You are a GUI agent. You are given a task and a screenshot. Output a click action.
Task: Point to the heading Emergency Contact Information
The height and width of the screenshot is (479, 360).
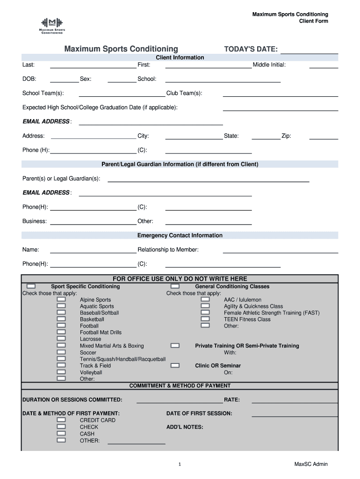coord(180,235)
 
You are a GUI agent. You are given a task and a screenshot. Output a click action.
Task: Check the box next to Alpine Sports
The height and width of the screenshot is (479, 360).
coord(61,299)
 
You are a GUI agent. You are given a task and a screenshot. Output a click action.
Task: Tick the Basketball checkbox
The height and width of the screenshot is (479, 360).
coord(61,319)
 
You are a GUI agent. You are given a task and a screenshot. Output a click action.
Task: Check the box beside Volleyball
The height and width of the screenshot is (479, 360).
coord(61,372)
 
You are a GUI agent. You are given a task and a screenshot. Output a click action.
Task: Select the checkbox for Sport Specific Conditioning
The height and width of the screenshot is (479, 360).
coord(31,286)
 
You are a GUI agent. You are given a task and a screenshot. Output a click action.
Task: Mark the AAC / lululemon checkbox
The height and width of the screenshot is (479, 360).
coord(205,299)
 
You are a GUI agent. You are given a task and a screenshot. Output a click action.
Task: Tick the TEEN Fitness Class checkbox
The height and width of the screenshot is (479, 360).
coord(205,319)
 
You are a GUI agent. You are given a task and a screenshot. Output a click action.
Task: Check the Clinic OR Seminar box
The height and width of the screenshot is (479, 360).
coord(175,365)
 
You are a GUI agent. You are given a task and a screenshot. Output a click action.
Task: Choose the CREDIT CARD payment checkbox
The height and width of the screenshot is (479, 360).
coord(61,420)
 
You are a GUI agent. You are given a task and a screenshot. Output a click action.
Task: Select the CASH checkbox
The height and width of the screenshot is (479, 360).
coord(61,434)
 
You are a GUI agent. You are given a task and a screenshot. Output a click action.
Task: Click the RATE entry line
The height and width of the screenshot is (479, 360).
coord(295,402)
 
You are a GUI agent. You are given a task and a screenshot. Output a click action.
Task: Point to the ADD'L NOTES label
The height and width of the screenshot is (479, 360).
coord(185,427)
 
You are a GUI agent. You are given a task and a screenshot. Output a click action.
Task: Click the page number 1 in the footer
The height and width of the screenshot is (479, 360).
coord(180,464)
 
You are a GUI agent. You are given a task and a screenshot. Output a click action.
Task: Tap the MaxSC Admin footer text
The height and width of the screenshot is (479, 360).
coord(311,464)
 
